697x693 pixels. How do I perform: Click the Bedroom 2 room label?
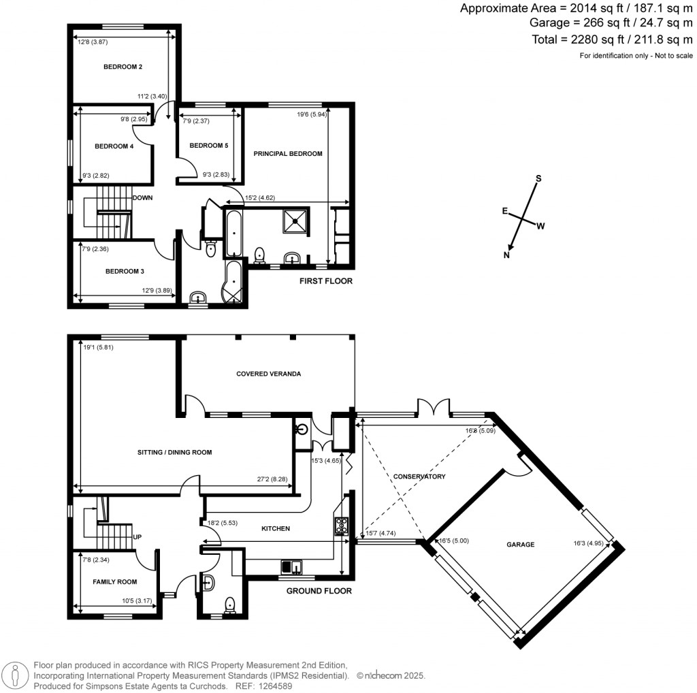[x=123, y=67]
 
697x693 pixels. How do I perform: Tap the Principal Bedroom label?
[x=288, y=154]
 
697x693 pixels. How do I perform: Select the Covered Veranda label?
[x=268, y=374]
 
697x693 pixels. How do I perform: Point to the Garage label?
[x=520, y=545]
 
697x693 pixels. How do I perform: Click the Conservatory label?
[x=419, y=477]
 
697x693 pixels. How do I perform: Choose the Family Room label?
[x=115, y=582]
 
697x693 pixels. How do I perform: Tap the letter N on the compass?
[x=506, y=255]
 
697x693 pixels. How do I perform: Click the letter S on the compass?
[x=538, y=178]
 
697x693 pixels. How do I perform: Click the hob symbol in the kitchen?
[x=340, y=525]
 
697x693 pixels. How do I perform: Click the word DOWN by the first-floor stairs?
[x=142, y=198]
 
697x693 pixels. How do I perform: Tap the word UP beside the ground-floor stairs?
[x=137, y=536]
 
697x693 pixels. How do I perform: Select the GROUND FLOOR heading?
[x=319, y=591]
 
